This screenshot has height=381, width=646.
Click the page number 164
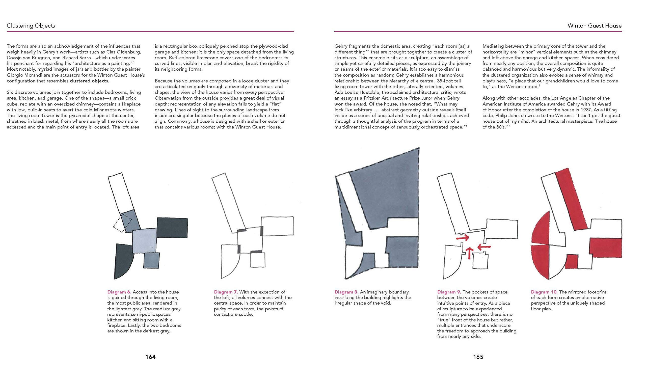coord(150,357)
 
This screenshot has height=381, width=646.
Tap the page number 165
coord(478,357)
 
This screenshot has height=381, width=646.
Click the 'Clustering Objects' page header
coord(31,26)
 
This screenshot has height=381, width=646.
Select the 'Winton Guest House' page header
coord(594,26)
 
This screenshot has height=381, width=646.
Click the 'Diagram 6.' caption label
coord(119,292)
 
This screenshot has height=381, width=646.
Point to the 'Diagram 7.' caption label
coord(226,292)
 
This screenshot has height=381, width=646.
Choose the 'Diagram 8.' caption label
coord(346,292)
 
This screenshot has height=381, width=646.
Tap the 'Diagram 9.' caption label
coord(449,292)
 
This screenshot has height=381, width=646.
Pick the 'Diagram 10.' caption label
coord(544,292)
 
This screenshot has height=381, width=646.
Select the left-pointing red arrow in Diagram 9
coord(484,247)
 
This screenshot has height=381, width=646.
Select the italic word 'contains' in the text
coord(173,127)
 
